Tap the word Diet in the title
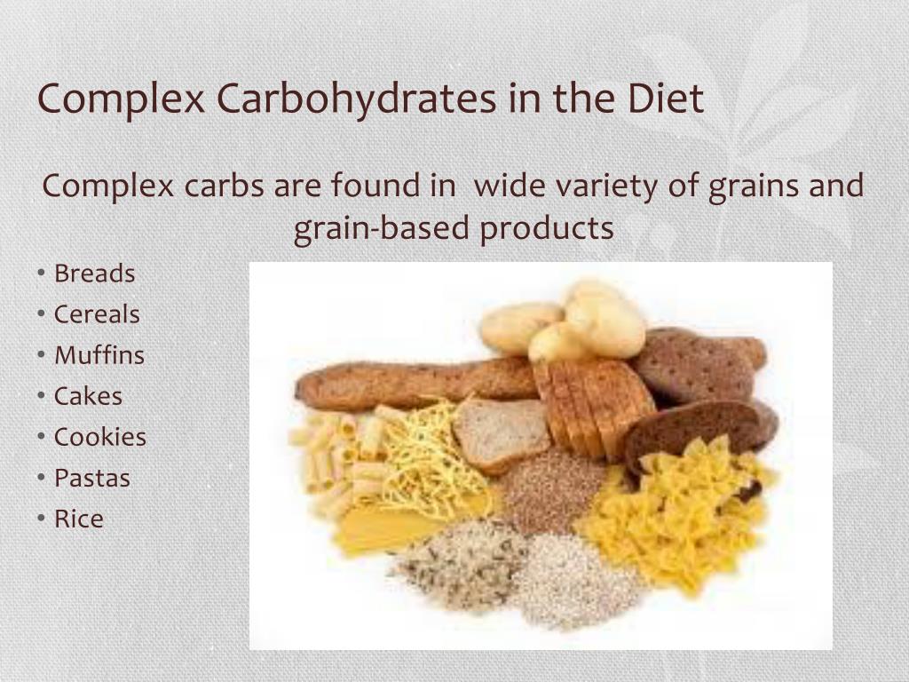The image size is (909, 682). tap(666, 98)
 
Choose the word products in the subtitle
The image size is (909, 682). tap(547, 229)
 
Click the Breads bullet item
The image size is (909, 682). tap(94, 274)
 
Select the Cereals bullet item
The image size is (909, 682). tap(97, 314)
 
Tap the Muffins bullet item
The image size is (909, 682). tap(99, 355)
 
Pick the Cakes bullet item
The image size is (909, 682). tap(88, 396)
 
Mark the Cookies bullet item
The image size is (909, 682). tap(99, 437)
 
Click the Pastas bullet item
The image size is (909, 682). tap(92, 478)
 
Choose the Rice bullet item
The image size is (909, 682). tap(79, 519)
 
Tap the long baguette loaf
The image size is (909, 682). tap(416, 383)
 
